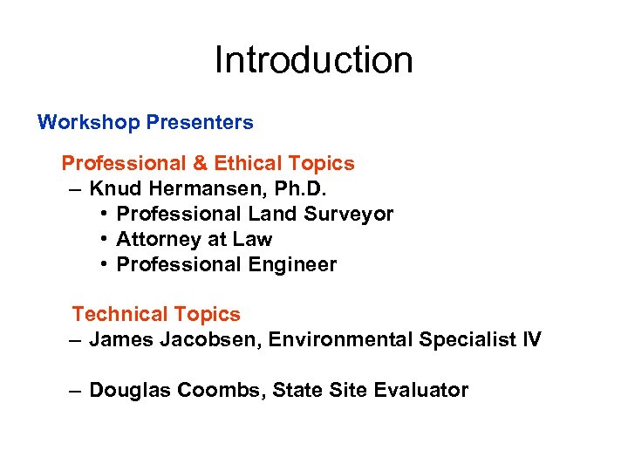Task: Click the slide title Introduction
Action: coord(313,60)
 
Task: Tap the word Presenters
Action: coord(200,123)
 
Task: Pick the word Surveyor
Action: coord(352,214)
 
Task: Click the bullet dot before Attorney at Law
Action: coord(103,239)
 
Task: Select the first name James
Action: coord(121,339)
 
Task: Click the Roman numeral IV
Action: coord(530,339)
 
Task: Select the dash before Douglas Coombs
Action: coord(77,390)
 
